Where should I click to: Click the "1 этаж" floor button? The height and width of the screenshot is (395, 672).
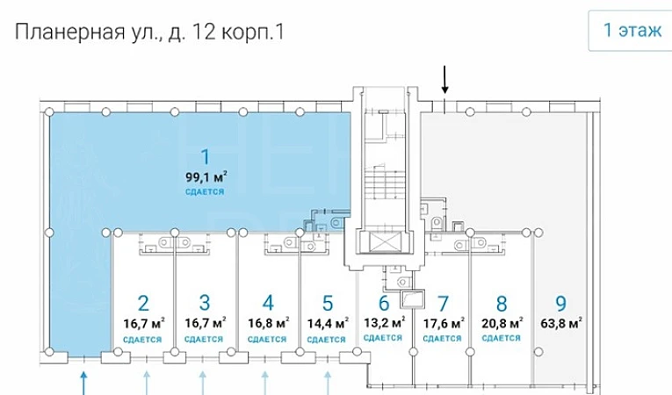pyautogui.click(x=631, y=31)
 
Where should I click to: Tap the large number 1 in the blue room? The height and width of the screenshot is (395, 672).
pyautogui.click(x=206, y=157)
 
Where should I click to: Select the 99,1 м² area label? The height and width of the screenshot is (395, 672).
pyautogui.click(x=206, y=176)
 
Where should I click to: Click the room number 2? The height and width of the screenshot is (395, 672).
pyautogui.click(x=143, y=304)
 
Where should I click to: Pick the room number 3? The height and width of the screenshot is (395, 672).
pyautogui.click(x=205, y=303)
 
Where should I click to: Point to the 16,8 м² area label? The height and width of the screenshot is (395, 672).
pyautogui.click(x=268, y=323)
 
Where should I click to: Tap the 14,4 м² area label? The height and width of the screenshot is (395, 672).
pyautogui.click(x=328, y=323)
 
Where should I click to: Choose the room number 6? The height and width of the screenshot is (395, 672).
pyautogui.click(x=384, y=303)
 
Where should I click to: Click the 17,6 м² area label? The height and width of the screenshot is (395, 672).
pyautogui.click(x=444, y=323)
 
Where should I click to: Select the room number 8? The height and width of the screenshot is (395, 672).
pyautogui.click(x=502, y=304)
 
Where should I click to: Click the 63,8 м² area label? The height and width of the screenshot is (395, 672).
pyautogui.click(x=561, y=323)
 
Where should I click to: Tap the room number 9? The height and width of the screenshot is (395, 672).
pyautogui.click(x=561, y=304)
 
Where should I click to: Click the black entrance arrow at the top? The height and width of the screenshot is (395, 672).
pyautogui.click(x=444, y=79)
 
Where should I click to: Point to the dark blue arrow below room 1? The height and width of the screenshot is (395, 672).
pyautogui.click(x=84, y=384)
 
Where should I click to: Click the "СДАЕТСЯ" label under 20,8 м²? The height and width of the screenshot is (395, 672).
pyautogui.click(x=501, y=339)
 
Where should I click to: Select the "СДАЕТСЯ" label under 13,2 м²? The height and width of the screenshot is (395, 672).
pyautogui.click(x=383, y=338)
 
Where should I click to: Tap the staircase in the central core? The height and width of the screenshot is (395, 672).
pyautogui.click(x=384, y=183)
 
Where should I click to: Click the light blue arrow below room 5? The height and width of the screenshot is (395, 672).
pyautogui.click(x=328, y=384)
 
